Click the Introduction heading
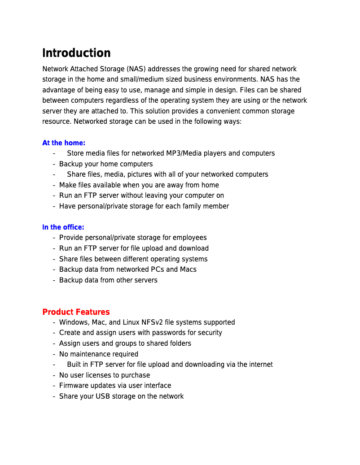76,53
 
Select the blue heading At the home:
64,143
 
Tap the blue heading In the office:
63,227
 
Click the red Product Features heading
76,312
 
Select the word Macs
188,269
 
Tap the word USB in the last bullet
103,396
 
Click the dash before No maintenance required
54,354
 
